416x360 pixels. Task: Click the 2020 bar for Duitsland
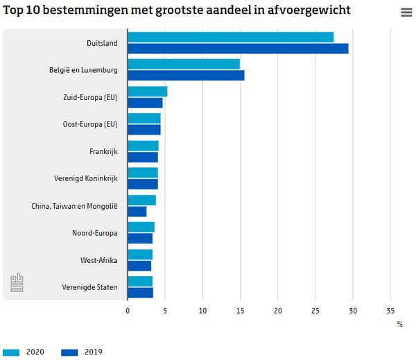(x=230, y=37)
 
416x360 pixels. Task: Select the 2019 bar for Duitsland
(x=238, y=49)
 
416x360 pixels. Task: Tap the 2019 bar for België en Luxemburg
(x=186, y=76)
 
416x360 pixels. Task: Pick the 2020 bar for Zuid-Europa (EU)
(x=147, y=92)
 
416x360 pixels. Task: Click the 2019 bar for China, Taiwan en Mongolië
(x=137, y=211)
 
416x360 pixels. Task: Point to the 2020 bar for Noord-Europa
(x=141, y=227)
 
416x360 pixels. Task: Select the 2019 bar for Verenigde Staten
(x=140, y=292)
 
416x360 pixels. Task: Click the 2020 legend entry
(x=24, y=352)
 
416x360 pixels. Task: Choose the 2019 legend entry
(x=82, y=352)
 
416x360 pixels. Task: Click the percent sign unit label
(x=399, y=323)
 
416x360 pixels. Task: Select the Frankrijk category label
(x=103, y=151)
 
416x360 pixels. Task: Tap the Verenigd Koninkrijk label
(x=86, y=178)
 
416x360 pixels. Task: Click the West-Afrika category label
(x=98, y=260)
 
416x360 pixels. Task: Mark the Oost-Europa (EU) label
(x=90, y=124)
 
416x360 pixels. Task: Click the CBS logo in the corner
(x=17, y=283)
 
